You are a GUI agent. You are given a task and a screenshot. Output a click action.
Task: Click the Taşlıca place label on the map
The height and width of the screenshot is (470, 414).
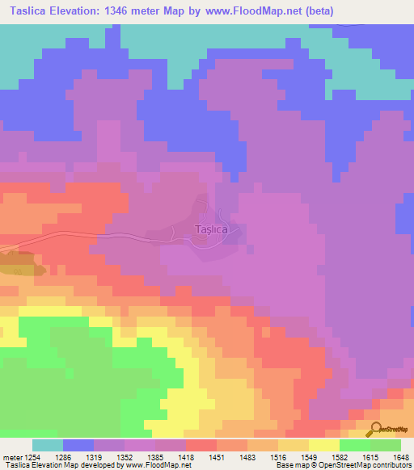tap(212, 230)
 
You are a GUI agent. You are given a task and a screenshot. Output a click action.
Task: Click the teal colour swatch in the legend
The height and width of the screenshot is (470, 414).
tap(48, 445)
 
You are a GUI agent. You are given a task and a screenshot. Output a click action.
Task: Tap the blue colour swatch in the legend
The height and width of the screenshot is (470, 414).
tap(78, 445)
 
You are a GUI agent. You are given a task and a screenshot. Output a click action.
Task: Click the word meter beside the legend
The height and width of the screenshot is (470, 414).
tap(11, 457)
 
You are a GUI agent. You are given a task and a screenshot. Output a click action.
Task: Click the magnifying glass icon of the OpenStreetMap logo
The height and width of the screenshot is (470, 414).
tap(374, 429)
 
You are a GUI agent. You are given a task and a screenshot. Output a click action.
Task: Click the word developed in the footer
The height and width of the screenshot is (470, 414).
tap(97, 466)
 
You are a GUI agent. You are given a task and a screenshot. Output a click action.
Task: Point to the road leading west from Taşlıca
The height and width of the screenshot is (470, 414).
tap(97, 234)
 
